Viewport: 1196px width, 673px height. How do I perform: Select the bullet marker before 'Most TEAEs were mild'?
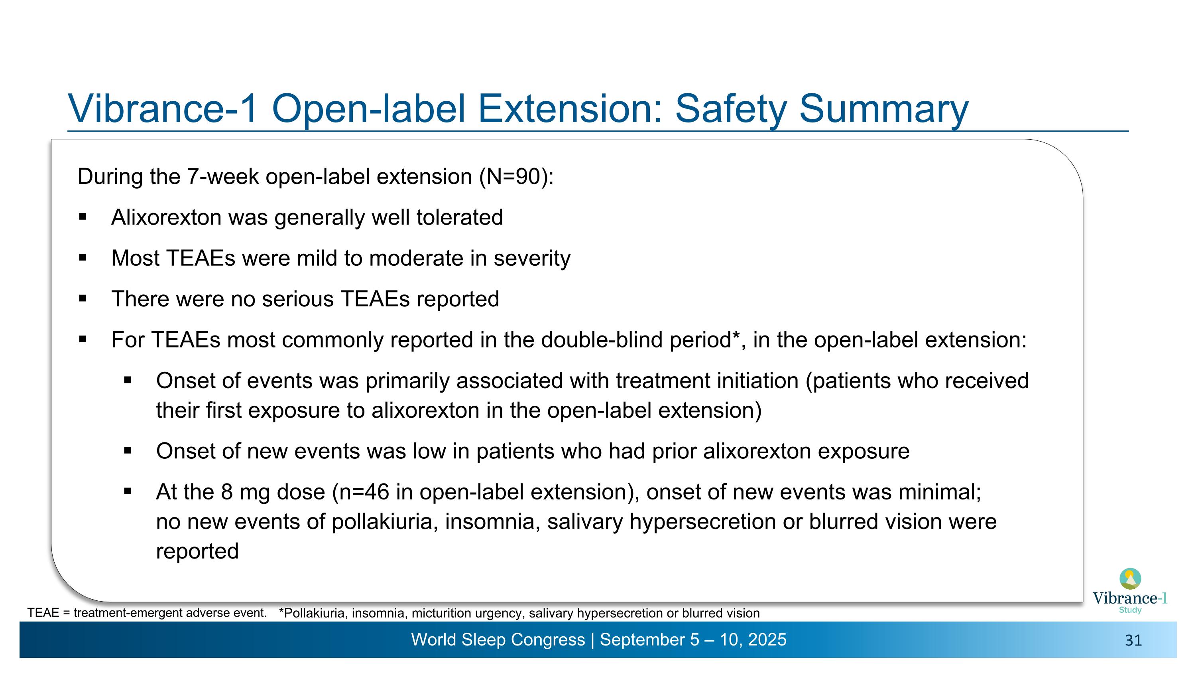coord(83,258)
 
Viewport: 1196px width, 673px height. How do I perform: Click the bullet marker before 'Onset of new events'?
coord(128,450)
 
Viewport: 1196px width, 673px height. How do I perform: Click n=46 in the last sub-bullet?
coord(364,492)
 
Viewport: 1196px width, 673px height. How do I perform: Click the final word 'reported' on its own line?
coord(197,551)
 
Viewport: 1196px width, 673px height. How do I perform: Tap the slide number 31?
coord(1133,641)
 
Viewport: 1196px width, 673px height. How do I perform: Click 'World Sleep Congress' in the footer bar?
coord(498,639)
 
